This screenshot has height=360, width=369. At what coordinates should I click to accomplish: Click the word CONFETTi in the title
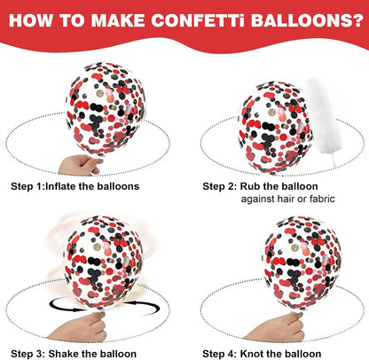(198, 20)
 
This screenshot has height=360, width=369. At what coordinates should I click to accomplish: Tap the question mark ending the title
(357, 20)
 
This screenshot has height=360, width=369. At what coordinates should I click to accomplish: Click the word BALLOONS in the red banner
(301, 20)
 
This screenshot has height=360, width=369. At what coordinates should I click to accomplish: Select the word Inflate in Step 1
(61, 186)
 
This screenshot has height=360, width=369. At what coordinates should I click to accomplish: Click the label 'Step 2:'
(220, 186)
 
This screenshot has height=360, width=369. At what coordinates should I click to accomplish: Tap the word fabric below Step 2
(322, 199)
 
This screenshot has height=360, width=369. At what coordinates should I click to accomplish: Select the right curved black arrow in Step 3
(142, 308)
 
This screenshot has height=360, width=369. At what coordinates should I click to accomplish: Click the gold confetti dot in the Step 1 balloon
(100, 94)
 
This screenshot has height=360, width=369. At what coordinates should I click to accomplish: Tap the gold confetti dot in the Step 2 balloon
(271, 112)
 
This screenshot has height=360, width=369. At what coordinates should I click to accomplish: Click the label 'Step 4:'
(220, 354)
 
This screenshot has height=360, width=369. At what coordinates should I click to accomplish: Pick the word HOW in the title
(30, 20)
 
